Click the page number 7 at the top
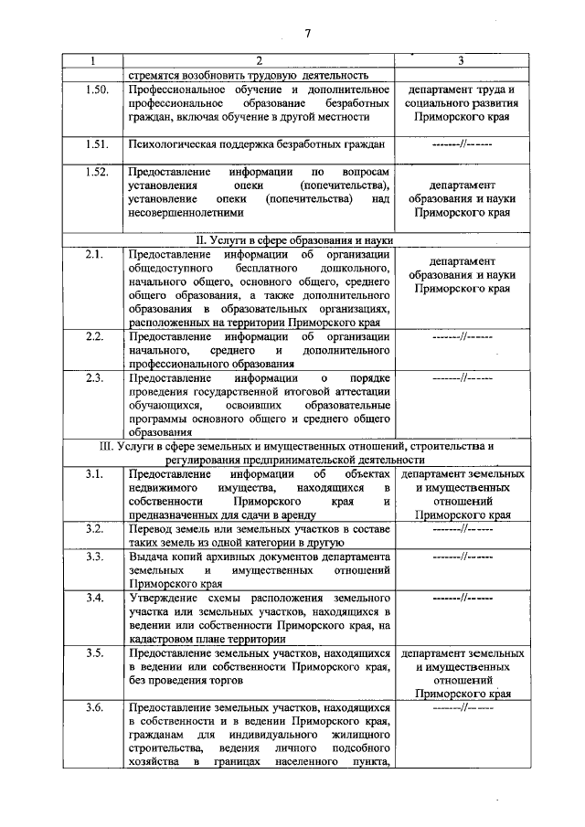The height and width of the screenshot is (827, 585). pyautogui.click(x=308, y=34)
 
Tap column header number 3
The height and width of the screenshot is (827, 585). pyautogui.click(x=462, y=61)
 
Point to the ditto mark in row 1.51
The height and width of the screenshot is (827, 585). pyautogui.click(x=462, y=144)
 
